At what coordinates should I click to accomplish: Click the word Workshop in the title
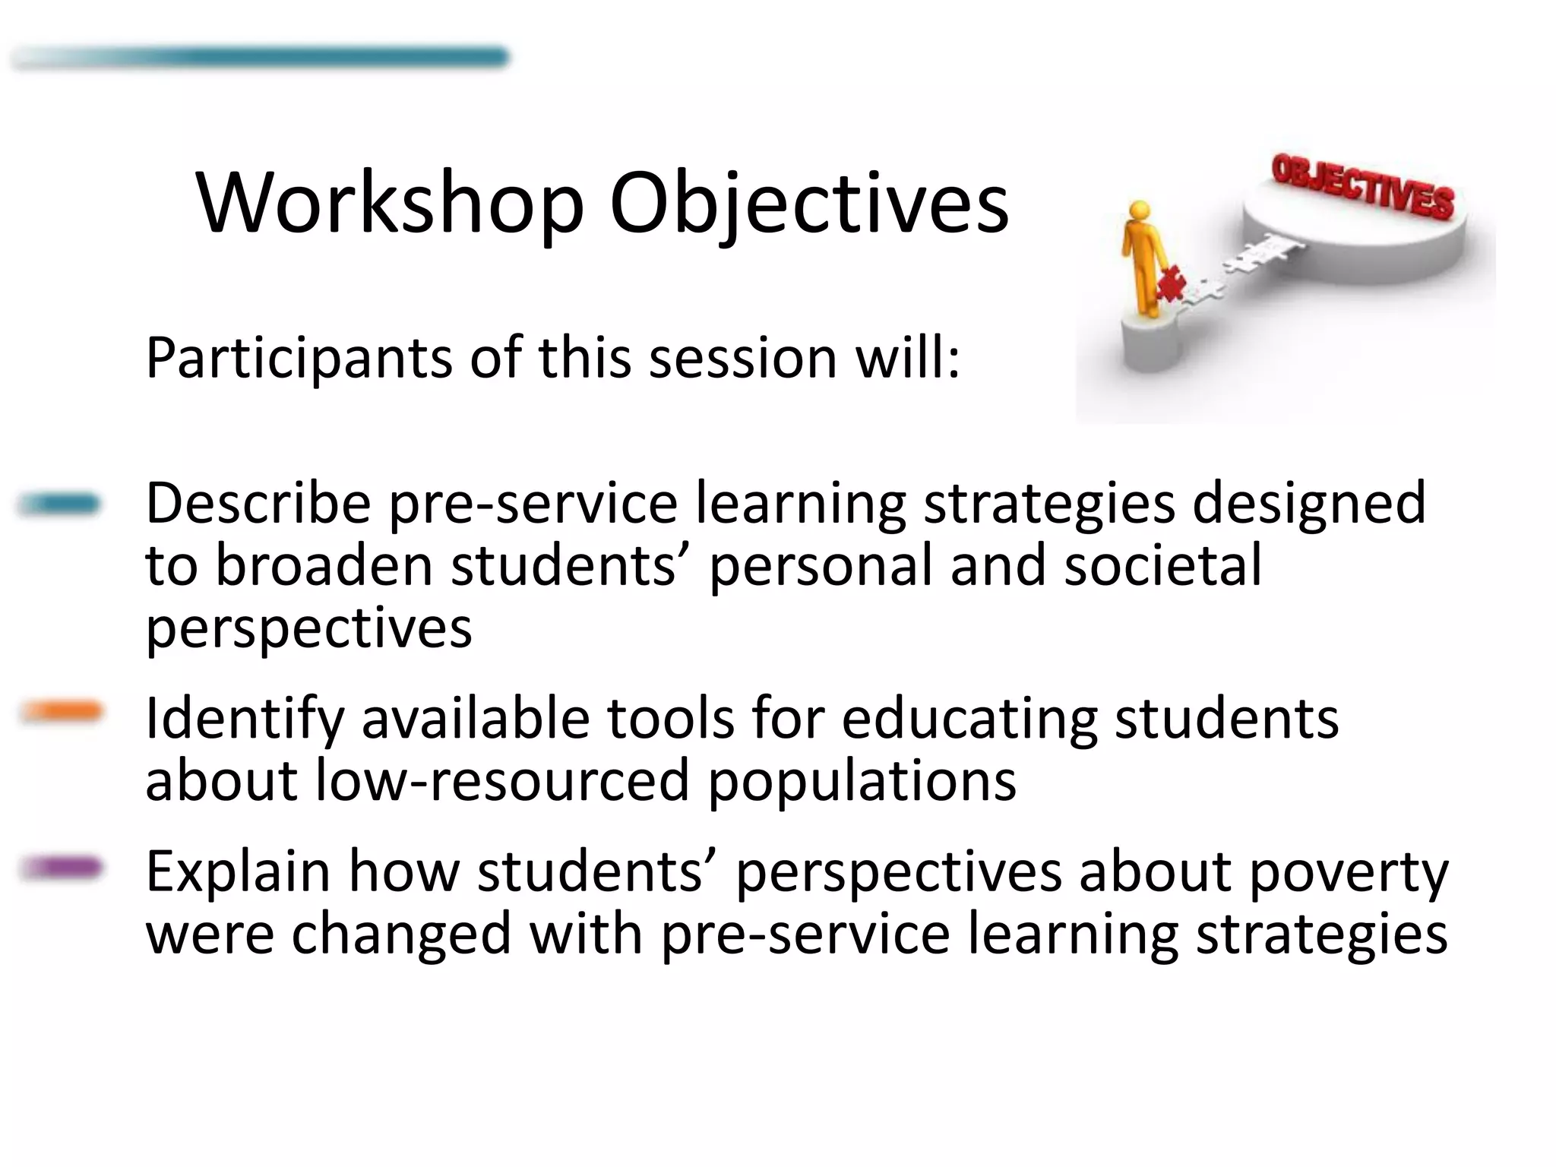389,204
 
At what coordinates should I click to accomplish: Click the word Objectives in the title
809,204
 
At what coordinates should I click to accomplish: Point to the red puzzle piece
1171,286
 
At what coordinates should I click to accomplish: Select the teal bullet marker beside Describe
59,504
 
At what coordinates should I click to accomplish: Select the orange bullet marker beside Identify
61,711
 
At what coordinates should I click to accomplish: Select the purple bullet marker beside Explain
61,867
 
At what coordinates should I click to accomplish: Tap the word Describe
258,503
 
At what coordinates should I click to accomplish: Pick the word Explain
238,872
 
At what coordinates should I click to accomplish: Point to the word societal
1162,566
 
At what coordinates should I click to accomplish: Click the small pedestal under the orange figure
1151,342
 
